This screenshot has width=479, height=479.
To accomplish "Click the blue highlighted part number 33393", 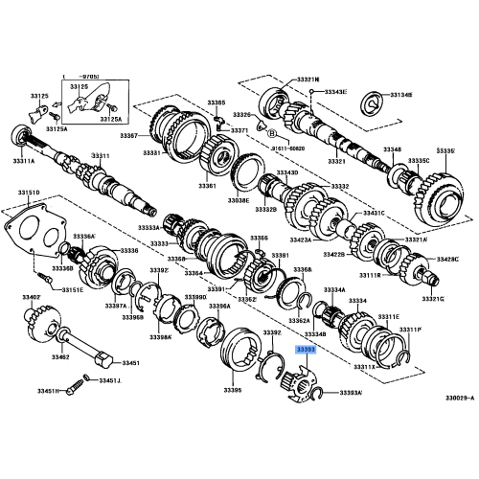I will coord(306,351).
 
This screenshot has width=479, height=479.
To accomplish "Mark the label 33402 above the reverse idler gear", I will coord(33,298).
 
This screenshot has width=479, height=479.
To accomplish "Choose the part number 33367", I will coord(155,135).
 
